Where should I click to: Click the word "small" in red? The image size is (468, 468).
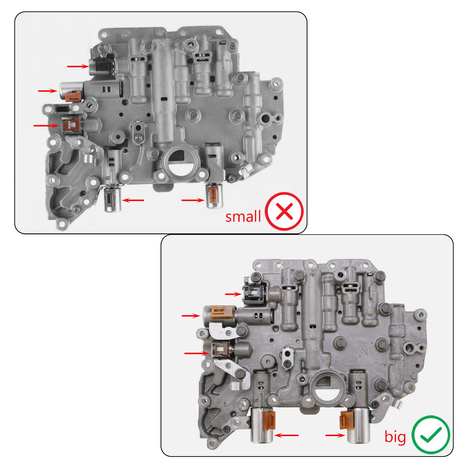click(x=243, y=217)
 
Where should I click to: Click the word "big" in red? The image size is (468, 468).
click(x=395, y=437)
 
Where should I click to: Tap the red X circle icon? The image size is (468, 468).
click(x=284, y=211)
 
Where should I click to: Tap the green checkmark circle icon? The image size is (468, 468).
click(x=431, y=435)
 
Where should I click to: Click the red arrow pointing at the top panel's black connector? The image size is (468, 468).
click(x=78, y=67)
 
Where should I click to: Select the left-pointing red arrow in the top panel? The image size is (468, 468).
click(x=133, y=200)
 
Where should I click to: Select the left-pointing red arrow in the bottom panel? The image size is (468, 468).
click(x=287, y=435)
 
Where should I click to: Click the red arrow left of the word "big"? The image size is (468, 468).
click(x=335, y=435)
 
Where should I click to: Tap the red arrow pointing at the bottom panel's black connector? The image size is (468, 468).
click(x=233, y=294)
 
